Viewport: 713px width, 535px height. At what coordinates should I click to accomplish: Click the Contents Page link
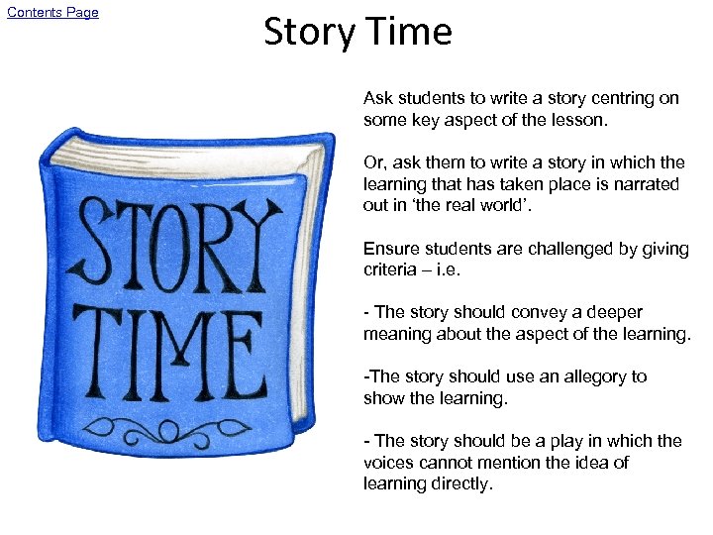pos(52,13)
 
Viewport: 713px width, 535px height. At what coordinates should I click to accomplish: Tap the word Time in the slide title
pos(409,33)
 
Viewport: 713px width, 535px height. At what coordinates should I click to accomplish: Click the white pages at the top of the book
pos(188,159)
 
